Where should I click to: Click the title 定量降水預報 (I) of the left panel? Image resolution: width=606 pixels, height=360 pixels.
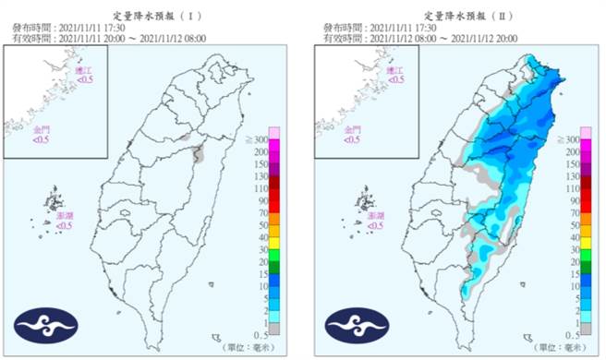[151, 16]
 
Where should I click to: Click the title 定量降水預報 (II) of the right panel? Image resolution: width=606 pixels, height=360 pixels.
[454, 16]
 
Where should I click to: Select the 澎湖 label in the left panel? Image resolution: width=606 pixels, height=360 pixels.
[65, 217]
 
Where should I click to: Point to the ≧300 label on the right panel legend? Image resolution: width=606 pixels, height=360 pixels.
[583, 138]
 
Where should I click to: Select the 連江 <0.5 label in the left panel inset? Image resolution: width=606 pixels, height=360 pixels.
[85, 75]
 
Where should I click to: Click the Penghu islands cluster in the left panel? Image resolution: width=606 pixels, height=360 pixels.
[55, 202]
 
